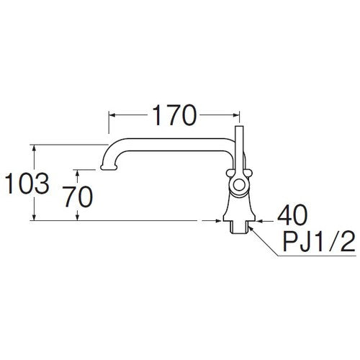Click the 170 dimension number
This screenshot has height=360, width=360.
coord(174,114)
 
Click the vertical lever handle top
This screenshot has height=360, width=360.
coord(240,129)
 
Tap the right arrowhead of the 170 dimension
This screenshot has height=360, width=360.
coord(237,114)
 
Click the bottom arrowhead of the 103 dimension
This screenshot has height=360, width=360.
coord(35,217)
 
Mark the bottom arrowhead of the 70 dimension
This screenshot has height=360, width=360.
coord(78,217)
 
